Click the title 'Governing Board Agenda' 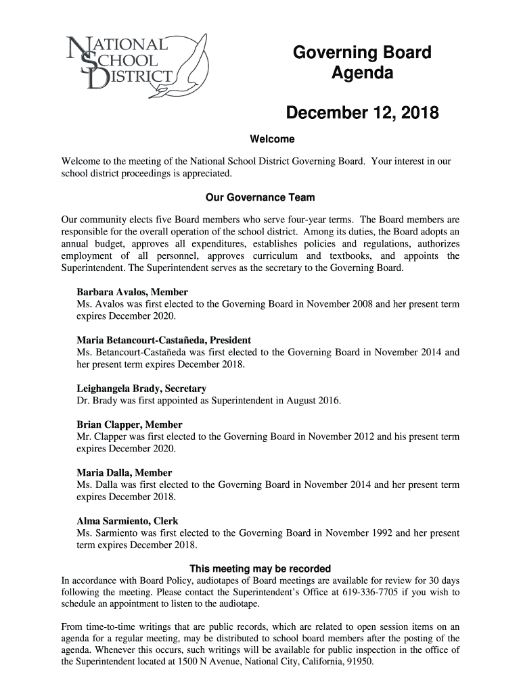click(x=362, y=63)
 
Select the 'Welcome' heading click(x=272, y=140)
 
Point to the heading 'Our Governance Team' click(x=260, y=198)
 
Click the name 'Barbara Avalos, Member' click(x=132, y=293)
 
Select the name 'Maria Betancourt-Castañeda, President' click(x=164, y=340)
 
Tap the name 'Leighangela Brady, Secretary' click(x=141, y=389)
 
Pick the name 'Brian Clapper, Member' click(x=129, y=425)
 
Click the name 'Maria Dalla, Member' click(x=124, y=473)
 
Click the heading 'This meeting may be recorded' click(x=260, y=568)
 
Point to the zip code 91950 click(x=358, y=662)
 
